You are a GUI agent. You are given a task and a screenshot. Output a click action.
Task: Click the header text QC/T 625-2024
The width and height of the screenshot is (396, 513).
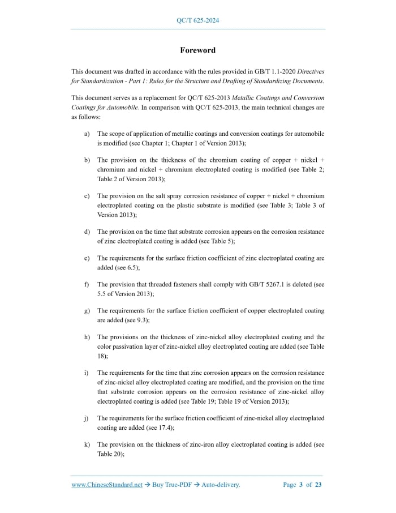(x=198, y=21)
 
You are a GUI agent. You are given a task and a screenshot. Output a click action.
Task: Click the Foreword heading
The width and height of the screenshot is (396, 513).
(x=198, y=50)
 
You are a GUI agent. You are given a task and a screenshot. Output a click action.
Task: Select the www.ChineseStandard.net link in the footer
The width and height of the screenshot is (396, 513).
(x=107, y=485)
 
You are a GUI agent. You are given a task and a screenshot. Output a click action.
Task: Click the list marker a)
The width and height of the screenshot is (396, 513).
(x=87, y=134)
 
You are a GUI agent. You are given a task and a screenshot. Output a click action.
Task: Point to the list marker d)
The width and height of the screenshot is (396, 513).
(x=87, y=232)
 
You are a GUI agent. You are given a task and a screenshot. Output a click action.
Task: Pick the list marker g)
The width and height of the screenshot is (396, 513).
(x=87, y=311)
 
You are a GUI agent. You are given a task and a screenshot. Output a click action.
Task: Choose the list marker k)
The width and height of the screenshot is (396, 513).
(x=87, y=445)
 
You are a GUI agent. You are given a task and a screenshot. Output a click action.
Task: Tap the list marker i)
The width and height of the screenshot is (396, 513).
(x=87, y=373)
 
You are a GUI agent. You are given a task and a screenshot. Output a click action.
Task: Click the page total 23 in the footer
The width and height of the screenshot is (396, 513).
(x=318, y=485)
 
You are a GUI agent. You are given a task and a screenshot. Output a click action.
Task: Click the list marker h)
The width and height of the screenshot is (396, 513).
(x=87, y=337)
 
